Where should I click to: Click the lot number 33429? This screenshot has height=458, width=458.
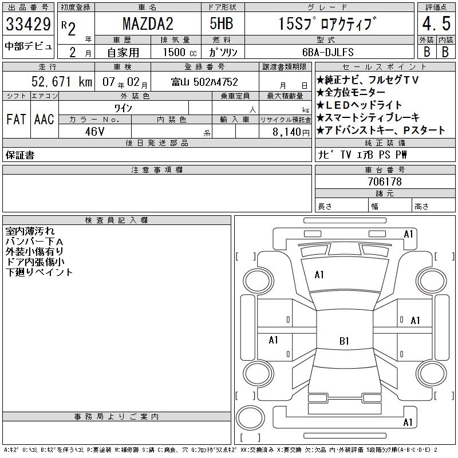pyautogui.click(x=28, y=24)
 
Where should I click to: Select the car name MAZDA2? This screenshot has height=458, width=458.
pyautogui.click(x=148, y=24)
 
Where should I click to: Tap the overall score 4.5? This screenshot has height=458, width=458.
pyautogui.click(x=436, y=23)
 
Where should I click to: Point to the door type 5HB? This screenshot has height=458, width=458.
pyautogui.click(x=222, y=23)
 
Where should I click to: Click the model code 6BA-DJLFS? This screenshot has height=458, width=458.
pyautogui.click(x=328, y=52)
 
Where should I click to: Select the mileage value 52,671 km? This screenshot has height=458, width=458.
pyautogui.click(x=62, y=81)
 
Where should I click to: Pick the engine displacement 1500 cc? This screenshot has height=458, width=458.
pyautogui.click(x=180, y=52)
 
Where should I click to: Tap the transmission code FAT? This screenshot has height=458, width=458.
pyautogui.click(x=16, y=119)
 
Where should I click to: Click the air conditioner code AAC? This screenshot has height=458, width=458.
pyautogui.click(x=44, y=119)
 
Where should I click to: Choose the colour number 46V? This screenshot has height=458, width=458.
pyautogui.click(x=94, y=132)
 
